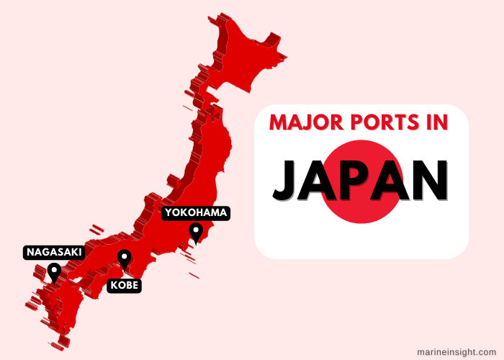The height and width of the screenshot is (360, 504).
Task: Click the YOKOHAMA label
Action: click(196, 212)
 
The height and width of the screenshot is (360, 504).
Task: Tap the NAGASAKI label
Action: click(54, 252)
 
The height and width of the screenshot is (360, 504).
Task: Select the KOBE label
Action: click(124, 286)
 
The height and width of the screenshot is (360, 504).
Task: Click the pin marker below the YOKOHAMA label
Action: click(195, 232)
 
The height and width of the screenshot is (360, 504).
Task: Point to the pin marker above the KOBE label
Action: click(125, 258)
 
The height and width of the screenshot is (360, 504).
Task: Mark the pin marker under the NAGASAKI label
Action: click(53, 271)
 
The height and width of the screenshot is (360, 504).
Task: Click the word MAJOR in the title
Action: click(302, 122)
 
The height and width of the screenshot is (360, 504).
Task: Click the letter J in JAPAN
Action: click(287, 180)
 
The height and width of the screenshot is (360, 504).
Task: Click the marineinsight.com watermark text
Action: click(456, 351)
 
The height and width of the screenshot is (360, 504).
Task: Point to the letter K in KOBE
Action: click(114, 286)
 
